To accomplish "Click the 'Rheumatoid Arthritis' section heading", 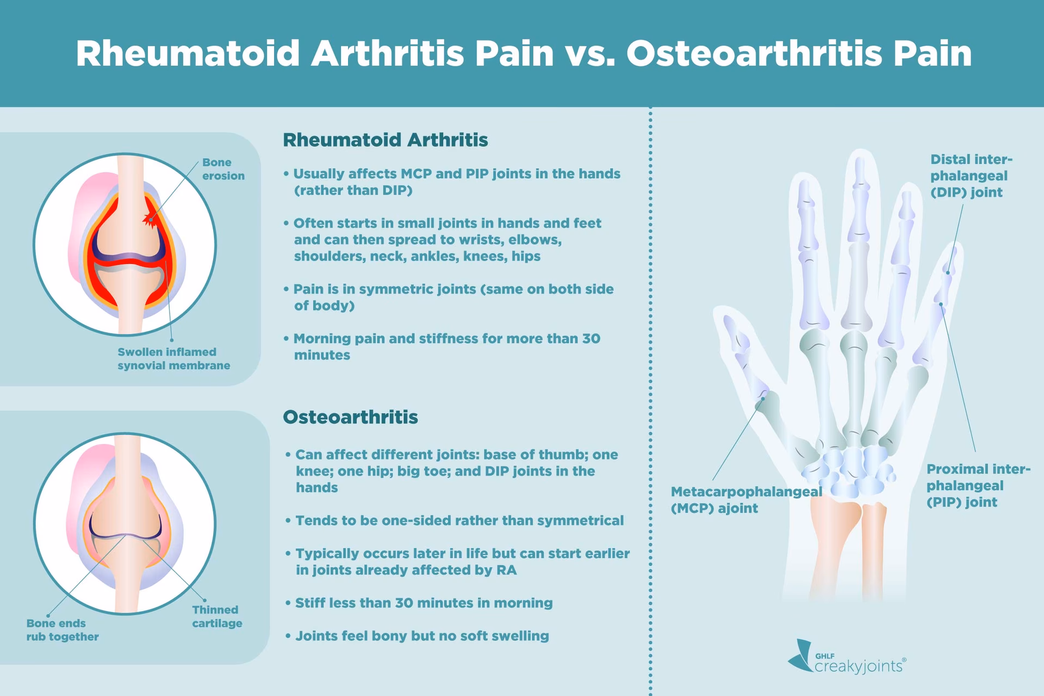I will (385, 140).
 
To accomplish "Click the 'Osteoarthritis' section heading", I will (350, 417).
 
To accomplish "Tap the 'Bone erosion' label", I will (223, 169).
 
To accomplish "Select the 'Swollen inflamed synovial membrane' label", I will (173, 359).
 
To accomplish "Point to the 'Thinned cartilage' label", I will (216, 617).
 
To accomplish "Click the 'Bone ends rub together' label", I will (62, 630).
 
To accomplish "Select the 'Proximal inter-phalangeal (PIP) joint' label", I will (977, 486).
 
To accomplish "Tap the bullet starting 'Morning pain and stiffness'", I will (446, 346).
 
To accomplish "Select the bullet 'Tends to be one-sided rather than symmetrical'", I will (458, 520).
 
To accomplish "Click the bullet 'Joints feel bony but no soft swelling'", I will (421, 636).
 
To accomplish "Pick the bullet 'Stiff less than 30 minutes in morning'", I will (423, 602).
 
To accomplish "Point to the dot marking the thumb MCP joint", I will (763, 398).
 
